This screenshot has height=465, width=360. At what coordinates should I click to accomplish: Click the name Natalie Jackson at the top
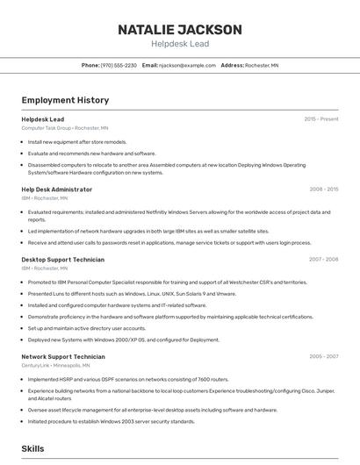tap(179, 30)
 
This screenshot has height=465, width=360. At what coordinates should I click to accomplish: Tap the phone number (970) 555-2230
tap(119, 65)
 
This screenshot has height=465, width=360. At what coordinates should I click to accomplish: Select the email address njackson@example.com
tap(187, 65)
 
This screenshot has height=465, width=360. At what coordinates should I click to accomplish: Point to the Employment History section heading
tap(65, 100)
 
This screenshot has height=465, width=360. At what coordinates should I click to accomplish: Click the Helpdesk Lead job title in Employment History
tap(42, 119)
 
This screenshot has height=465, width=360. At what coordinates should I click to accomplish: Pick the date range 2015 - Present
tap(320, 119)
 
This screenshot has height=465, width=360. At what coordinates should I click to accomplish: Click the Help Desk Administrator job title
tap(56, 190)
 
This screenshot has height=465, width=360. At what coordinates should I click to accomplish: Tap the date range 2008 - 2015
tap(323, 190)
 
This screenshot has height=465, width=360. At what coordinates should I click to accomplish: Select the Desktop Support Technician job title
tap(62, 260)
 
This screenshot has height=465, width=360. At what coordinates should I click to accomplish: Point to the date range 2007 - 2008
tap(323, 260)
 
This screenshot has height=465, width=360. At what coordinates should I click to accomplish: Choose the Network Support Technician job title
tap(62, 357)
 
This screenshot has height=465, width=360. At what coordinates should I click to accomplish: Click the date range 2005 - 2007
tap(323, 357)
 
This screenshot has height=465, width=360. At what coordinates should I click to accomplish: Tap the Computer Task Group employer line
tap(64, 128)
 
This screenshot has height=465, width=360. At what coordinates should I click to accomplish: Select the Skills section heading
tap(32, 448)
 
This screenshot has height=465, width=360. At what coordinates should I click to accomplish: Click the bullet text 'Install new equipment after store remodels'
tap(77, 141)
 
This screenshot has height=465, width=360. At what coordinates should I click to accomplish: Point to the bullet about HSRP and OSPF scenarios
tap(128, 379)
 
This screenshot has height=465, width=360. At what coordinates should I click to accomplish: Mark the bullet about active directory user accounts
tap(87, 328)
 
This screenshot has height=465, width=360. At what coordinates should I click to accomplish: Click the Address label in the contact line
tap(232, 65)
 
